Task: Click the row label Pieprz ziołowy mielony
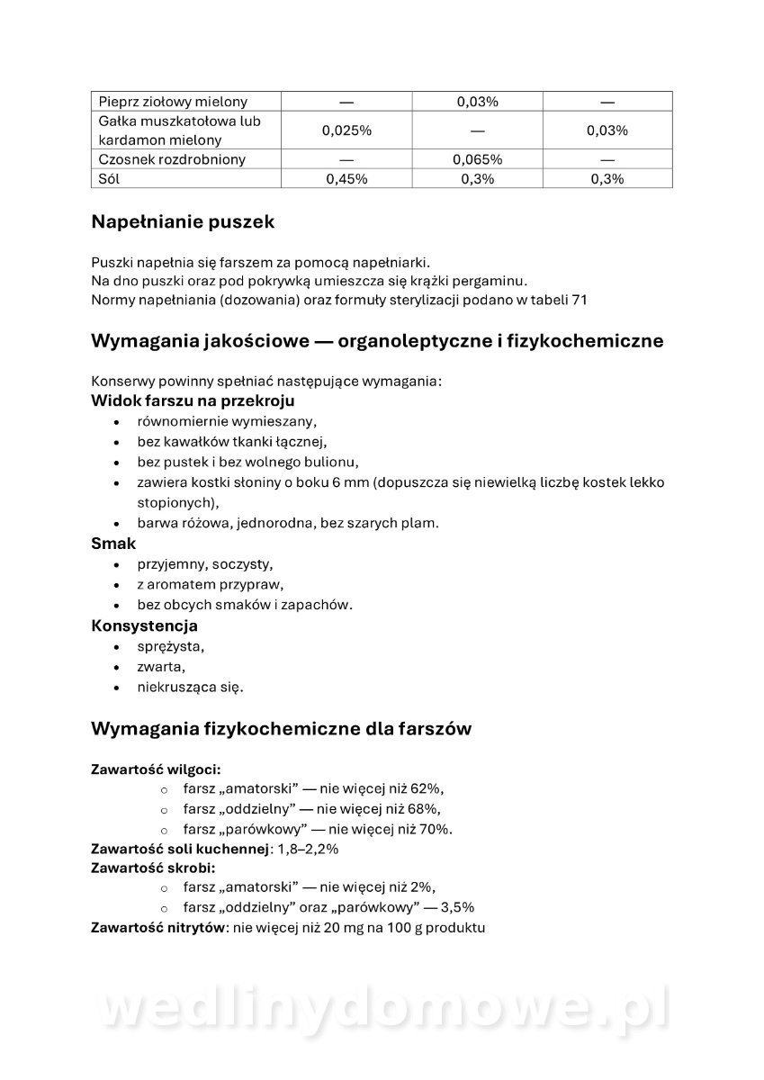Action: pyautogui.click(x=173, y=102)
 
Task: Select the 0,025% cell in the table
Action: pyautogui.click(x=346, y=130)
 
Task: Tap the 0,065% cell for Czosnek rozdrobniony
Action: pyautogui.click(x=477, y=159)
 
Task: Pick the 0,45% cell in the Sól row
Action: pyautogui.click(x=346, y=178)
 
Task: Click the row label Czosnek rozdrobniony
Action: pyautogui.click(x=172, y=159)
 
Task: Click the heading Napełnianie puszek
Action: pyautogui.click(x=183, y=221)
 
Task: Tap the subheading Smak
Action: pyautogui.click(x=113, y=544)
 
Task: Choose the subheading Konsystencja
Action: pyautogui.click(x=144, y=625)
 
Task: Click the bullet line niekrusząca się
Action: pyautogui.click(x=190, y=687)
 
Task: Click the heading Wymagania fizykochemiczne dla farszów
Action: pyautogui.click(x=281, y=729)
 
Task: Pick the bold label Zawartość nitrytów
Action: pyautogui.click(x=157, y=927)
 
